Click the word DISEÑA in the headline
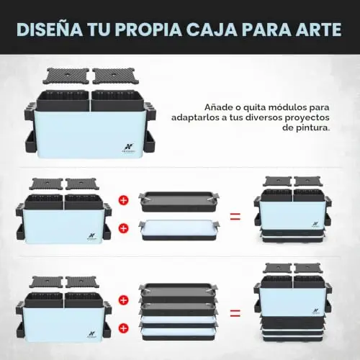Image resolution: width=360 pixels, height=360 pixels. click(x=50, y=30)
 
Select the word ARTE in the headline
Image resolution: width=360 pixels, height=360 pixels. click(x=318, y=30)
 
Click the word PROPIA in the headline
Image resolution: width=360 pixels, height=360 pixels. click(x=148, y=30)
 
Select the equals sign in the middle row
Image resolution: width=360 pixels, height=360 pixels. click(x=235, y=216)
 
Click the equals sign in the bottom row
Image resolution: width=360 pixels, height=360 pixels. click(x=235, y=312)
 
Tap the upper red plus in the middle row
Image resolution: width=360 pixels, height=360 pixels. click(x=124, y=200)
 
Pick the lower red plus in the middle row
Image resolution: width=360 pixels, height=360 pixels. click(x=124, y=228)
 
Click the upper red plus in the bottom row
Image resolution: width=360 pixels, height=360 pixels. click(x=124, y=300)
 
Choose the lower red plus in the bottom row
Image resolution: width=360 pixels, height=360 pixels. click(x=124, y=328)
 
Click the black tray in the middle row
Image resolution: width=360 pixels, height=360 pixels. click(x=179, y=202)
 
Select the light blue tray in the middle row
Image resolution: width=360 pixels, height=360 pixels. click(x=179, y=230)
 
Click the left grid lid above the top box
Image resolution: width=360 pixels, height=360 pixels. click(x=66, y=76)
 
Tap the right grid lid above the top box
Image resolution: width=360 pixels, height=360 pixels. click(x=115, y=76)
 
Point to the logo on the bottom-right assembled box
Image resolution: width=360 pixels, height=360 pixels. click(x=315, y=311)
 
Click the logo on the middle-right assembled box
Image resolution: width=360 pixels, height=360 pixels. click(x=315, y=225)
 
